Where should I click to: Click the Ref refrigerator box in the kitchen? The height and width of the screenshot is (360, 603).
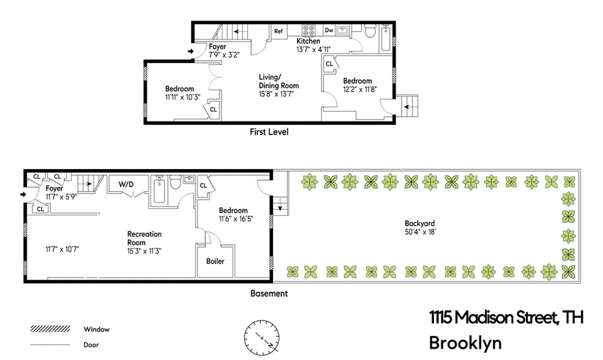[x=279, y=31]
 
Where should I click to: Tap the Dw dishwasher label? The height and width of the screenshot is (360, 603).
[x=329, y=30]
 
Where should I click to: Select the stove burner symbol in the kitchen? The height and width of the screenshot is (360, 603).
[x=309, y=30]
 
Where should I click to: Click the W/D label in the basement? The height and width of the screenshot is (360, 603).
[x=126, y=184]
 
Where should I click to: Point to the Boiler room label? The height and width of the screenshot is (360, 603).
[x=215, y=261]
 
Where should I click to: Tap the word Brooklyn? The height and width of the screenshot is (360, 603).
[x=465, y=343]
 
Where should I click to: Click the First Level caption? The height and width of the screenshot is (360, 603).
[x=269, y=132]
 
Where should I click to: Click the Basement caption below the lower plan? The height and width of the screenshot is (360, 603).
[x=269, y=293]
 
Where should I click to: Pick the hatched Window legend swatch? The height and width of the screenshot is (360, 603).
[x=50, y=329]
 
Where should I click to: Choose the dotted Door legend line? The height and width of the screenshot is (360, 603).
[x=50, y=345]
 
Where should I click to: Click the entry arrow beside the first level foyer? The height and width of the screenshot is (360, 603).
[x=191, y=52]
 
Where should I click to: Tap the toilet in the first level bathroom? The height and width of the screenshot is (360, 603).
[x=370, y=31]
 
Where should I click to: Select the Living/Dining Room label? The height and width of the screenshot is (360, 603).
[x=279, y=81]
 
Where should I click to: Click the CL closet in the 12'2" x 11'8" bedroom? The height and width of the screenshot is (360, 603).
[x=329, y=64]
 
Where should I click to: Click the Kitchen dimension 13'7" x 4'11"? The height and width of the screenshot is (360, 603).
[x=314, y=49]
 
